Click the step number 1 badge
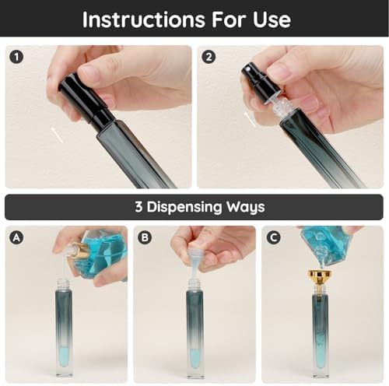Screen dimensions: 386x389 tap(16, 56)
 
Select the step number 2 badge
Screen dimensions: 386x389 tap(208, 56)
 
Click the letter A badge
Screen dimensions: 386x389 tap(16, 237)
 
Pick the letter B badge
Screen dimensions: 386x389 tap(144, 237)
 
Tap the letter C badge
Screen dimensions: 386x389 tap(273, 237)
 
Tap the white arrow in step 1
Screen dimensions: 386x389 tap(58, 135)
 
